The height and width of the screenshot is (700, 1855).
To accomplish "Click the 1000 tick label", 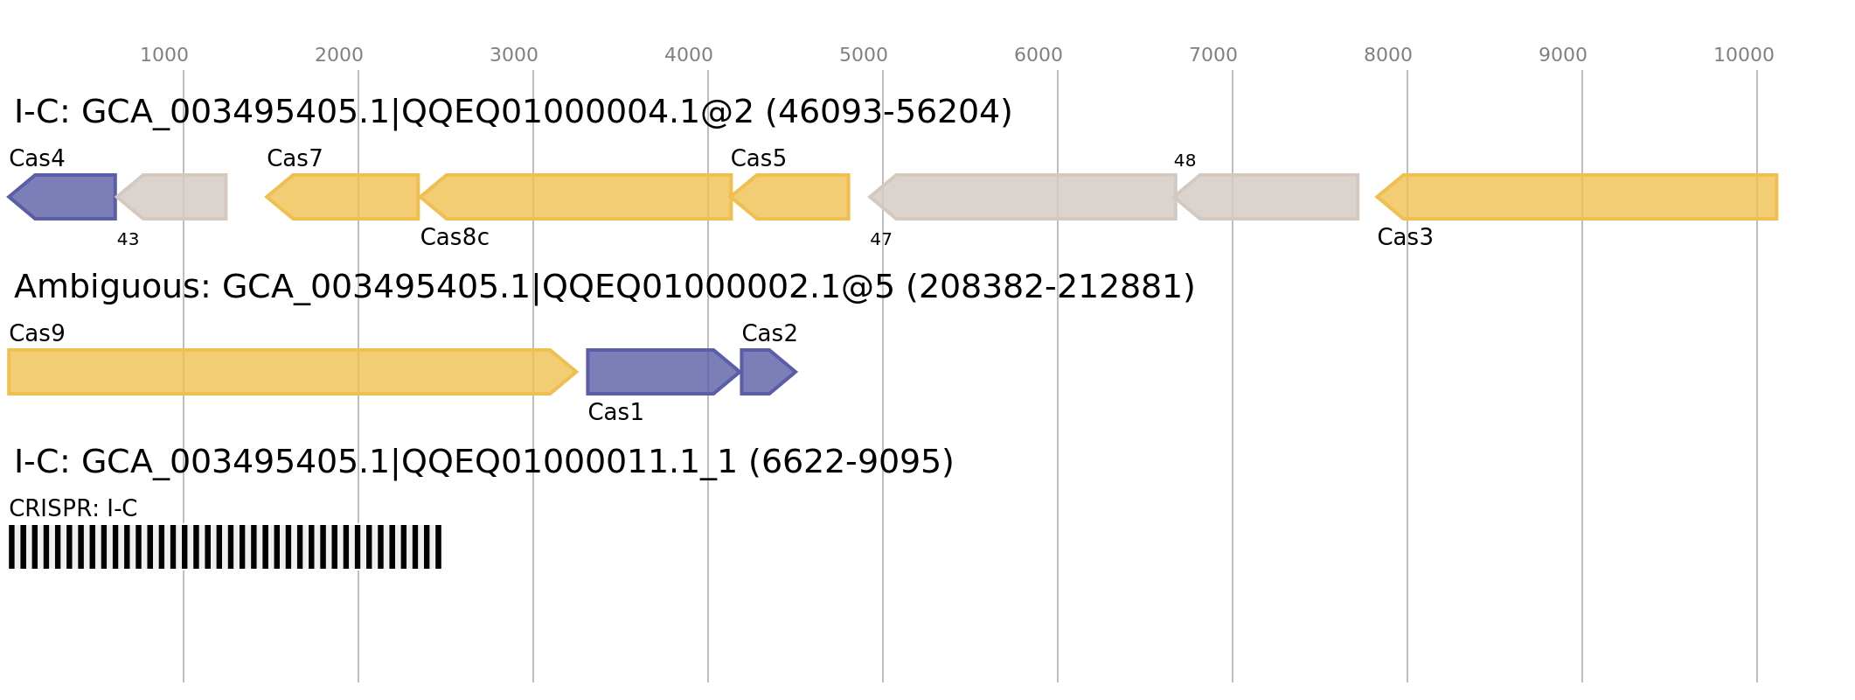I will click(164, 55).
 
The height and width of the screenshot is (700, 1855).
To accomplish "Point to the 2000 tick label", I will click(339, 55).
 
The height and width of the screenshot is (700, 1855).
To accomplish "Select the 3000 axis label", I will click(514, 55).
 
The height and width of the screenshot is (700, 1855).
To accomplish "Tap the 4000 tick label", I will click(689, 55).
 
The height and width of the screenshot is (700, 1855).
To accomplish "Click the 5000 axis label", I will click(864, 55).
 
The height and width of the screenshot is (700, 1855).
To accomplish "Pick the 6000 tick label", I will click(1039, 55).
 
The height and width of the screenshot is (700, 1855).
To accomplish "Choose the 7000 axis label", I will click(1213, 55).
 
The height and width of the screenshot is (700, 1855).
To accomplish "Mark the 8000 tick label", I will click(1388, 55).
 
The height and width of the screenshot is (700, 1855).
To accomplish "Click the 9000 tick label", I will click(1563, 55).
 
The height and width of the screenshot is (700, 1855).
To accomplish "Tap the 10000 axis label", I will click(1744, 55).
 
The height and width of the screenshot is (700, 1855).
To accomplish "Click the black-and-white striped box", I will click(225, 547).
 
